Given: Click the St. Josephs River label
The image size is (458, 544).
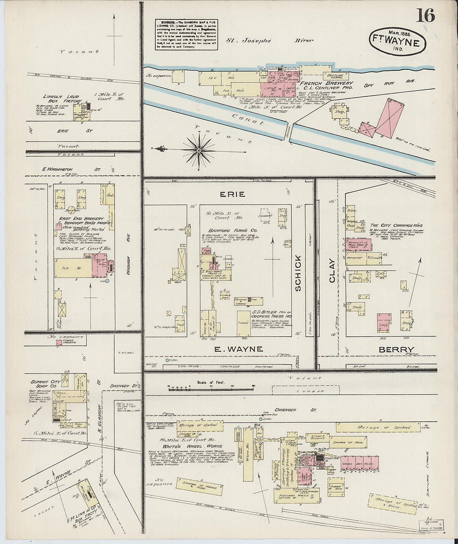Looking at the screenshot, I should coord(270,41).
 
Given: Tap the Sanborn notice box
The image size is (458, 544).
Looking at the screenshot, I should coord(187,34).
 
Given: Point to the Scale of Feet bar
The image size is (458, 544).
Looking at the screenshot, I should coord(211,387).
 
